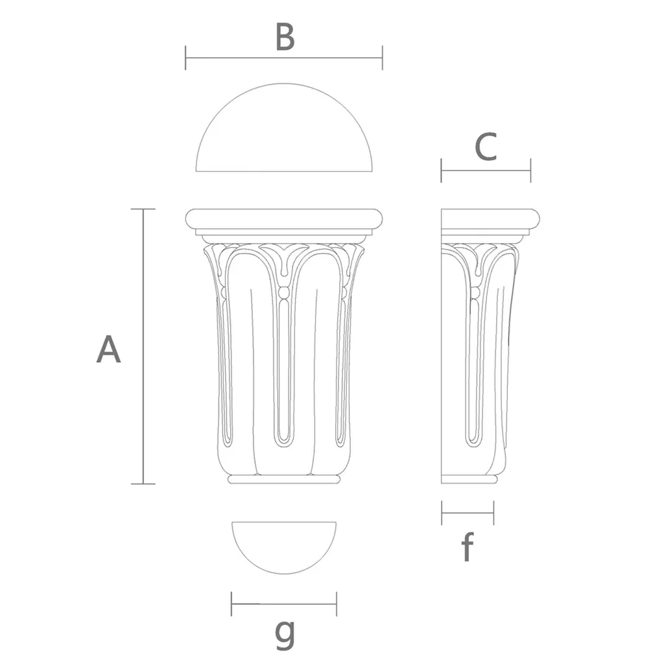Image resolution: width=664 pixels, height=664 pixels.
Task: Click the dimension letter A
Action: pos(109,350)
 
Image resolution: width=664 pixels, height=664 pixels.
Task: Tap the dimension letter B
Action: pos(285,37)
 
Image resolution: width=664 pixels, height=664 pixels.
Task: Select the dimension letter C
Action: pos(486,147)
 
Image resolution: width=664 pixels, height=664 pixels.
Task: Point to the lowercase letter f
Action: pos(467,547)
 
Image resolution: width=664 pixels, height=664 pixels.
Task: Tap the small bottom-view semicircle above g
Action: pos(284,573)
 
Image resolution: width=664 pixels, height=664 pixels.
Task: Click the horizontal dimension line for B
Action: pos(284,58)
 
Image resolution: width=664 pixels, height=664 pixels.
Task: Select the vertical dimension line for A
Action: pos(143,346)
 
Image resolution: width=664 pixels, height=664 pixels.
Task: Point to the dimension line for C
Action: pos(486,171)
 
